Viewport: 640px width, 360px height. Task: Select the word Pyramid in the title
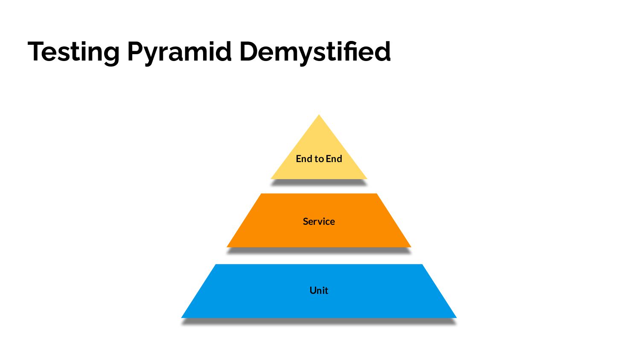[x=179, y=52]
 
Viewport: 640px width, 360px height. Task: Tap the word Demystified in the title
[x=315, y=51]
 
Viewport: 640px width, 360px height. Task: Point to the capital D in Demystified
[x=250, y=51]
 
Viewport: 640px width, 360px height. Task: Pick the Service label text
[x=319, y=221]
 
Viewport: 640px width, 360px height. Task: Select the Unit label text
[x=319, y=290]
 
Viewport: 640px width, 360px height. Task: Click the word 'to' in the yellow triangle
[x=319, y=159]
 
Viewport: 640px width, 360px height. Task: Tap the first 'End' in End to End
[x=304, y=159]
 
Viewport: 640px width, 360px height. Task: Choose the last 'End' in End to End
[x=334, y=159]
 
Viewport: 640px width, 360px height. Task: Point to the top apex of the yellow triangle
[x=319, y=116]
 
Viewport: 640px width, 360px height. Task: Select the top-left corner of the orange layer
[x=261, y=195]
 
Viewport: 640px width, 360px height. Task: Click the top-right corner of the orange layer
[x=376, y=195]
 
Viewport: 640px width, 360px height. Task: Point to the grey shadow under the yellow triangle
[x=319, y=182]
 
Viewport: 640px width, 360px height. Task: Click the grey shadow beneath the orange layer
[x=319, y=250]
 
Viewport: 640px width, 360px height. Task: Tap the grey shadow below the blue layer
[x=319, y=321]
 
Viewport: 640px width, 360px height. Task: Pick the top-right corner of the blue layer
[x=422, y=265]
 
